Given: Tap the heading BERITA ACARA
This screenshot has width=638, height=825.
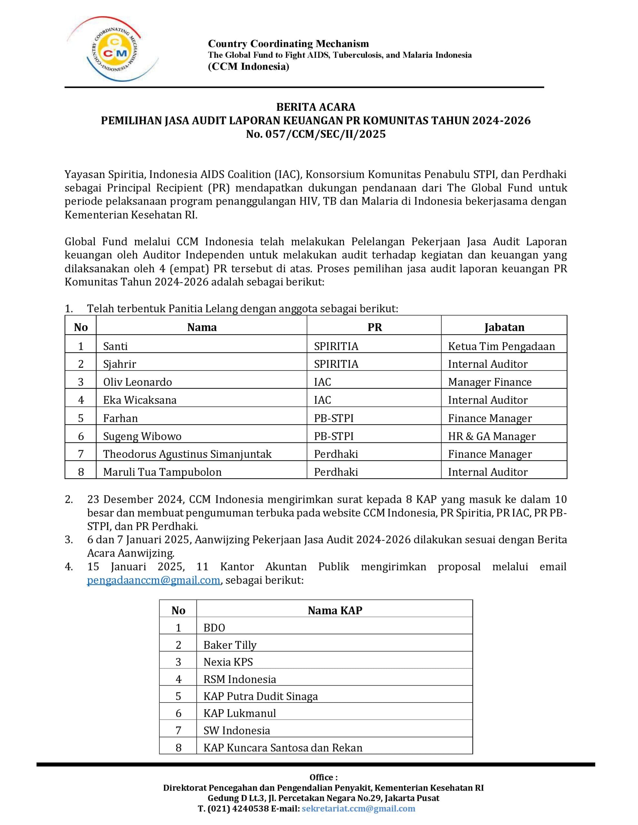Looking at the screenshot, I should [316, 107].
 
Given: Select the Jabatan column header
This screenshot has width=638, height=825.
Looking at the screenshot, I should [504, 327].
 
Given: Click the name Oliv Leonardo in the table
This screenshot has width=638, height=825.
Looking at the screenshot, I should [138, 382].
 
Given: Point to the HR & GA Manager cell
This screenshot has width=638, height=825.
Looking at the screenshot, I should [492, 436].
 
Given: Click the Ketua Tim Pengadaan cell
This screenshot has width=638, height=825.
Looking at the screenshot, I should [502, 346].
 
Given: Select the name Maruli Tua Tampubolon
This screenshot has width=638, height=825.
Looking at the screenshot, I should [162, 472].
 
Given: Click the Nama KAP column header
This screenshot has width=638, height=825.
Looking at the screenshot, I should [335, 610].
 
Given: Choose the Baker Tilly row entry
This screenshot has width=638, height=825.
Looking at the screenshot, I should [230, 645].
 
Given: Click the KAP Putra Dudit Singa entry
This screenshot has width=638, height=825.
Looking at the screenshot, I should [261, 696].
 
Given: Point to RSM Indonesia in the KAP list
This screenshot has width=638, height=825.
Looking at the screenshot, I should [240, 679].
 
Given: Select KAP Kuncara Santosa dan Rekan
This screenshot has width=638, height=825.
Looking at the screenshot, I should [283, 748].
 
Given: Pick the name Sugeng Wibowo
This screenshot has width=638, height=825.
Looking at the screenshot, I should [142, 436].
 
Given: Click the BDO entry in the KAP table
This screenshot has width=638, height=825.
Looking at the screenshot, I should [214, 628].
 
